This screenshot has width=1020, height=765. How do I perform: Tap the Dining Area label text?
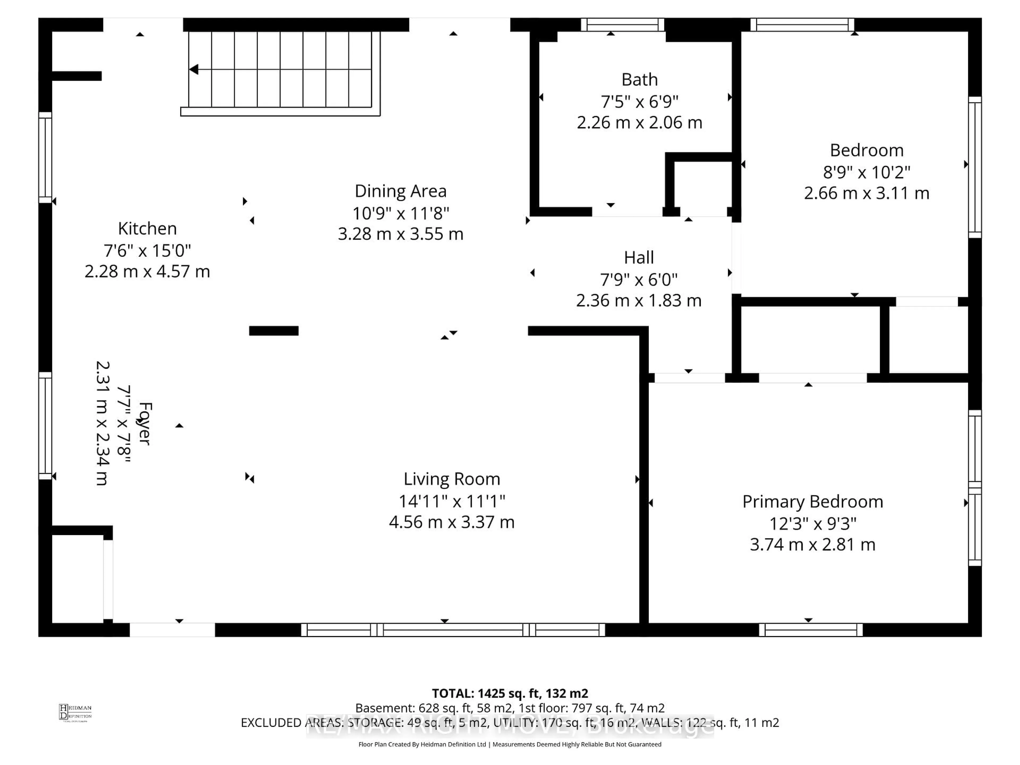[x=400, y=191]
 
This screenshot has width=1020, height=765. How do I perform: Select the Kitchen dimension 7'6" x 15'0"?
[x=147, y=250]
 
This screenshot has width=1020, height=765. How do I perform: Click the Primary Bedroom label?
[x=813, y=502]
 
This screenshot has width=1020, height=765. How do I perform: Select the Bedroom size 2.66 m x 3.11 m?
[x=866, y=193]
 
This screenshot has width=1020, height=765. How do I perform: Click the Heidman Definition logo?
[x=75, y=712]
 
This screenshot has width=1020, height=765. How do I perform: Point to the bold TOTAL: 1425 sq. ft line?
[x=509, y=693]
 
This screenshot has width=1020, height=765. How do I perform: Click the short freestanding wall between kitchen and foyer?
[x=273, y=331]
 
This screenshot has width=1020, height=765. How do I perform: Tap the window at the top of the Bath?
[x=622, y=24]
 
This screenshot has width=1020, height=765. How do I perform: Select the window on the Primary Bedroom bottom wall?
[x=811, y=630]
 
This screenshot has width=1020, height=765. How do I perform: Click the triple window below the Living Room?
[x=453, y=630]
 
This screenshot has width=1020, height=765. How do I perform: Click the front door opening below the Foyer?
[x=172, y=630]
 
